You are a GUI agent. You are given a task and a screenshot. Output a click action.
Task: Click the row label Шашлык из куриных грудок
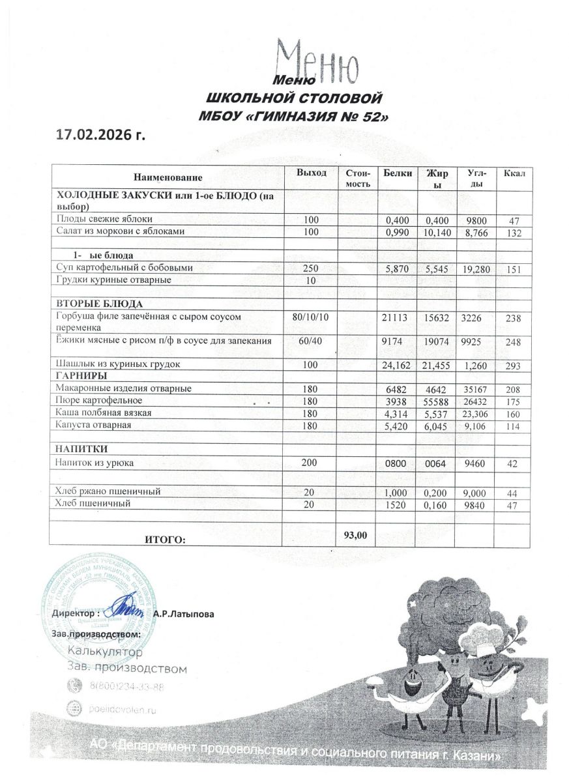[x=118, y=364]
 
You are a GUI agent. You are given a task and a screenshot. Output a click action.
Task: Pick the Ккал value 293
[x=514, y=366]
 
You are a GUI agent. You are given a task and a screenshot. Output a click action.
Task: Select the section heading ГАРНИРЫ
[x=82, y=376]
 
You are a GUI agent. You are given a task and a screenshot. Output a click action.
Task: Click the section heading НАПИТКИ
[x=81, y=450]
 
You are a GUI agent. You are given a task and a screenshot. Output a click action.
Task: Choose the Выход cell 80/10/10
[x=311, y=316]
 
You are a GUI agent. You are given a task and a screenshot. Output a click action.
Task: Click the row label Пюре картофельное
[x=99, y=400]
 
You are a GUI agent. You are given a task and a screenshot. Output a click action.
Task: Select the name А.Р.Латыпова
[x=184, y=614]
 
